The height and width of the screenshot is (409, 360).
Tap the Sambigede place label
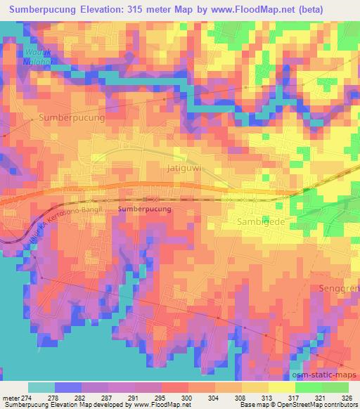265,220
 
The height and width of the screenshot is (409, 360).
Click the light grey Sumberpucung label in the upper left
72,118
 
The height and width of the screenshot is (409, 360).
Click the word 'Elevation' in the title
100,10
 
